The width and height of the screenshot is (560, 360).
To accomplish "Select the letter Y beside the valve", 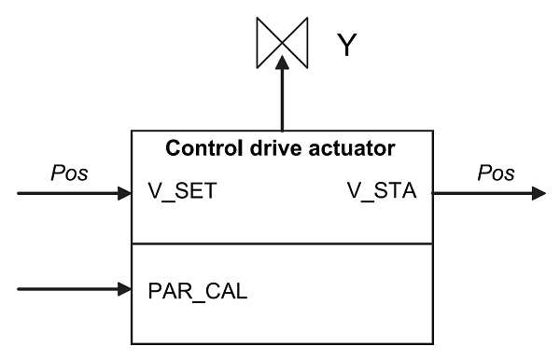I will tap(347, 45).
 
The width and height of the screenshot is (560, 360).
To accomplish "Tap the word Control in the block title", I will tap(198, 148).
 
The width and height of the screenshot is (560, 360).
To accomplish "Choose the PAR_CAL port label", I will tap(197, 289).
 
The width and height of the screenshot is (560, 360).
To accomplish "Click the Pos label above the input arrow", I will tap(71, 174).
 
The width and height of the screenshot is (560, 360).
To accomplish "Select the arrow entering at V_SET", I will tap(75, 195).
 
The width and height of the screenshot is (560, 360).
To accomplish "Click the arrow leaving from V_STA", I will tap(485, 195).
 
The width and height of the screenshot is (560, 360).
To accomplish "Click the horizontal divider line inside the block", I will tap(280, 244).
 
